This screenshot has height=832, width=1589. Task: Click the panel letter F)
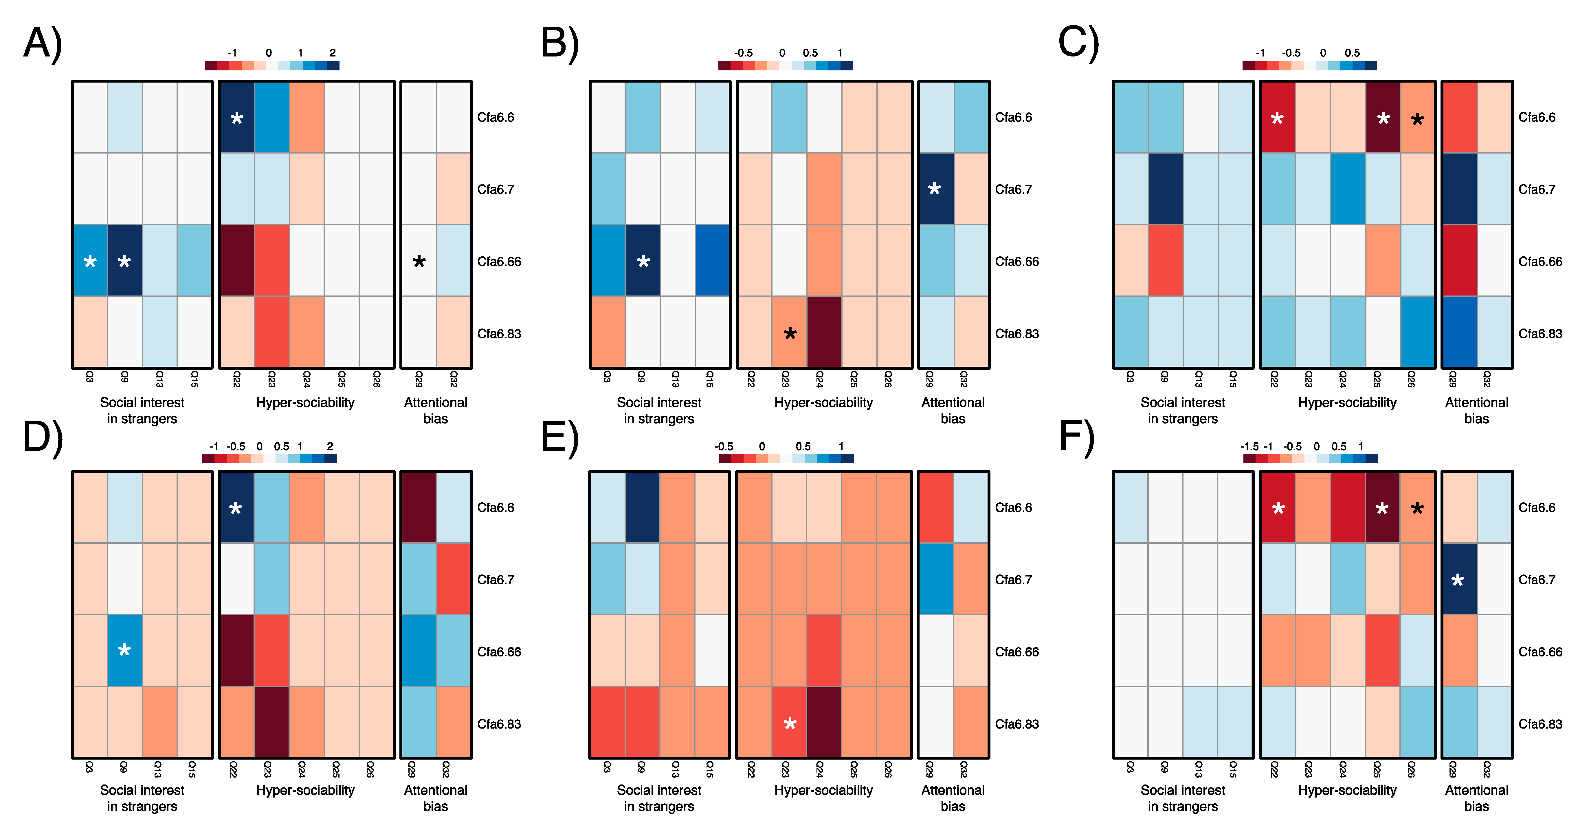[x=1076, y=437]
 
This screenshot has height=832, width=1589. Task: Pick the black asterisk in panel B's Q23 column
[x=790, y=335]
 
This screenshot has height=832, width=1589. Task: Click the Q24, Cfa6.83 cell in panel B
[x=824, y=332]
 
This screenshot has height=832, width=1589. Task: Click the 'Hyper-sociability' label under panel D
[x=305, y=790]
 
